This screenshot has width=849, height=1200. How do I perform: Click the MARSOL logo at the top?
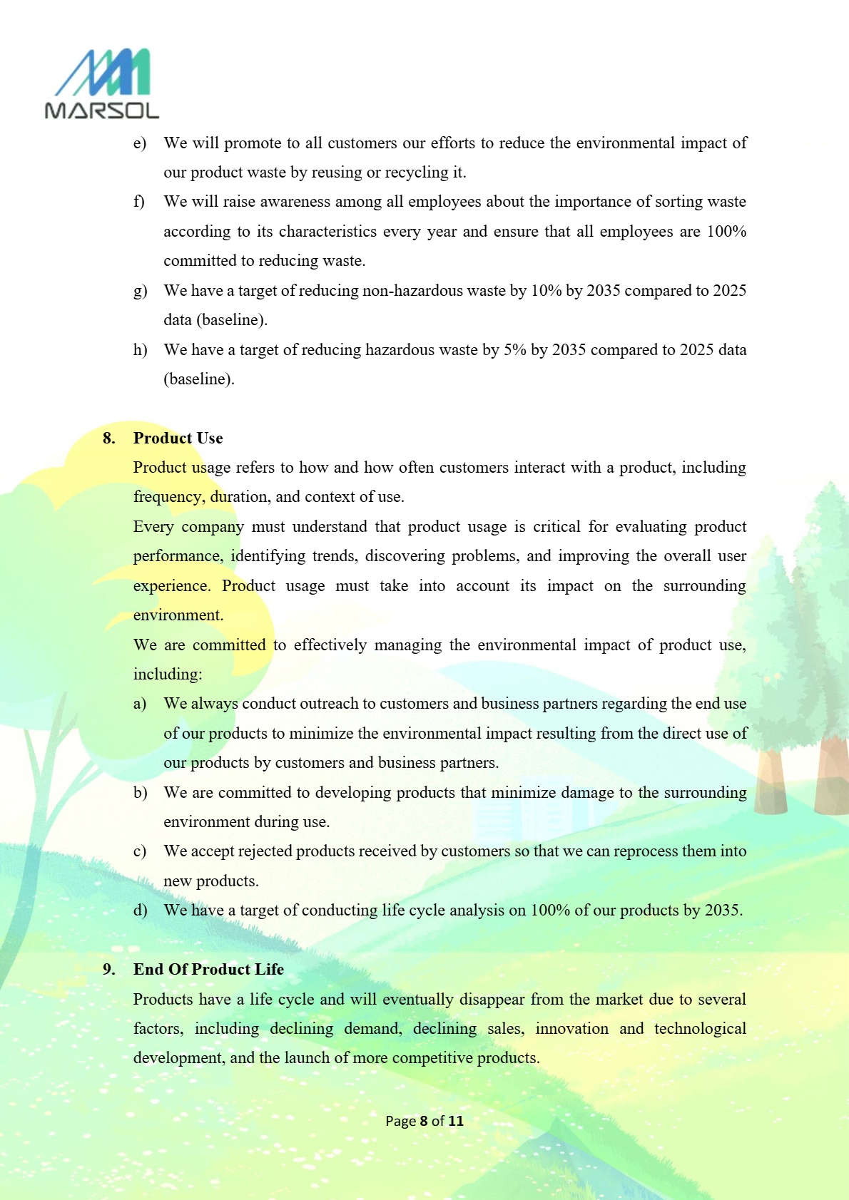point(101,83)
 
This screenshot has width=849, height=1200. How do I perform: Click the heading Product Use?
point(178,438)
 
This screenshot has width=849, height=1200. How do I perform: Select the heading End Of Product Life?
point(208,969)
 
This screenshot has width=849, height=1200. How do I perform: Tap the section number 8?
point(108,438)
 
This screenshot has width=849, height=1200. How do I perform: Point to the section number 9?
point(108,969)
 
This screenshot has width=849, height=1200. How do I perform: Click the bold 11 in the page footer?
point(455,1121)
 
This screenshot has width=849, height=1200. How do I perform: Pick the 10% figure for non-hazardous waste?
point(546,291)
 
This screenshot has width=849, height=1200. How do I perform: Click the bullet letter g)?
point(140,291)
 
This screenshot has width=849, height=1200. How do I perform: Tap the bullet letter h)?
point(140,350)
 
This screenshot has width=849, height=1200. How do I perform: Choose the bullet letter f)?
point(139,202)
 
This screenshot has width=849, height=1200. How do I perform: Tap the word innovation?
point(571,1029)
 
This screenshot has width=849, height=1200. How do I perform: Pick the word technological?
point(700,1029)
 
